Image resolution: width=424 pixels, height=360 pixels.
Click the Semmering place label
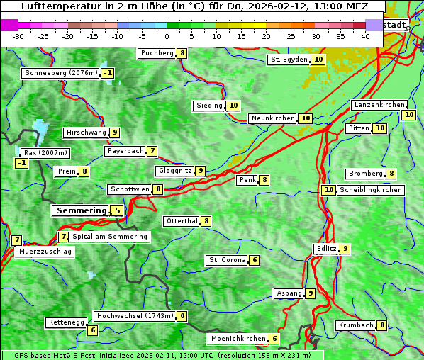click(x=80, y=210)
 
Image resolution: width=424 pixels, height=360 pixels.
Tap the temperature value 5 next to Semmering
click(x=116, y=210)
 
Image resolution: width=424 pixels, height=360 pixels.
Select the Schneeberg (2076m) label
click(x=60, y=73)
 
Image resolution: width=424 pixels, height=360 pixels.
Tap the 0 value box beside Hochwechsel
click(x=183, y=316)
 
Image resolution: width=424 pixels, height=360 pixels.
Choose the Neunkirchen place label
click(x=273, y=118)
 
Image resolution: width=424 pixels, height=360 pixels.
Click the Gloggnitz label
click(x=174, y=171)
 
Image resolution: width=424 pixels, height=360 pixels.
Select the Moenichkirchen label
click(x=238, y=339)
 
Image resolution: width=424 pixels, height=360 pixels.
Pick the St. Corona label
click(x=227, y=260)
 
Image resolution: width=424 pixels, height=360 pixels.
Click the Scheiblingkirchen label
click(x=370, y=190)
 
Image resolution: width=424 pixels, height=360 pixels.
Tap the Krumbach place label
click(x=356, y=325)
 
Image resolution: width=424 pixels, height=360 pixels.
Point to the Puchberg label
click(x=157, y=53)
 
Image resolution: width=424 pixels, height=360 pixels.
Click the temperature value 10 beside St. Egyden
click(x=319, y=60)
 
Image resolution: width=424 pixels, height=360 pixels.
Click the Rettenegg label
click(x=67, y=322)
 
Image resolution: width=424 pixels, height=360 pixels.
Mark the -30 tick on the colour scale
click(x=18, y=36)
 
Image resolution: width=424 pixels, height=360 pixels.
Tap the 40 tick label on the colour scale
click(x=365, y=36)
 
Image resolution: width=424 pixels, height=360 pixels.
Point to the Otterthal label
click(x=182, y=221)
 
